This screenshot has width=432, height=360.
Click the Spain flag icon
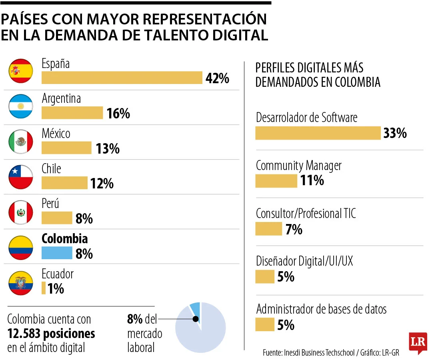(x=21, y=71)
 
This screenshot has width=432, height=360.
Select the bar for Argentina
(x=72, y=113)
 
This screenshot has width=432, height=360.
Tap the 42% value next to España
(x=217, y=78)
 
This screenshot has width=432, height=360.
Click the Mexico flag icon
(x=21, y=141)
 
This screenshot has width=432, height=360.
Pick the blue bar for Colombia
(x=57, y=253)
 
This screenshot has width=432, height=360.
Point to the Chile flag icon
(x=21, y=176)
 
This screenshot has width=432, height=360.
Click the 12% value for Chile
(x=102, y=184)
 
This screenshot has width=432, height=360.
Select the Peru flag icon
(x=21, y=212)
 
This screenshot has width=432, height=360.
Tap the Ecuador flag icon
(x=21, y=283)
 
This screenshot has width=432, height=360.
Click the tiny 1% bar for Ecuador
(x=44, y=288)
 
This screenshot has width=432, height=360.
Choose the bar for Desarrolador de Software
(x=318, y=133)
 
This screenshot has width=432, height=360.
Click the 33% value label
(x=395, y=133)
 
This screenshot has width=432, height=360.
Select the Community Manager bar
(x=276, y=181)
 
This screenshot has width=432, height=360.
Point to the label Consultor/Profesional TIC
(x=306, y=214)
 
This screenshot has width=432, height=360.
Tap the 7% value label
(x=294, y=230)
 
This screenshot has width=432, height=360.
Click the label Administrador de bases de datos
(x=321, y=309)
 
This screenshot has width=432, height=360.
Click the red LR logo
(x=418, y=342)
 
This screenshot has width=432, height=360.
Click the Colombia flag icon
(x=21, y=248)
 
